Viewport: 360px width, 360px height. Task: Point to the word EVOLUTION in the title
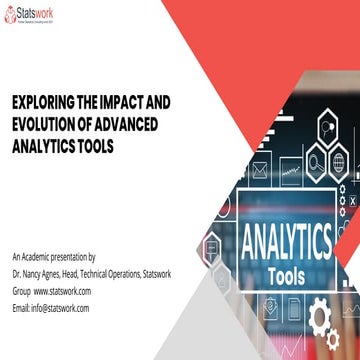click(x=51, y=122)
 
